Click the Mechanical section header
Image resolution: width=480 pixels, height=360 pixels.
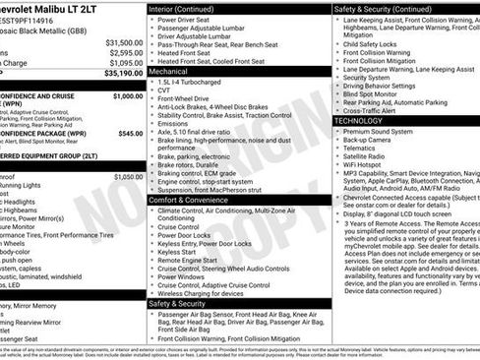pos(168,72)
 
